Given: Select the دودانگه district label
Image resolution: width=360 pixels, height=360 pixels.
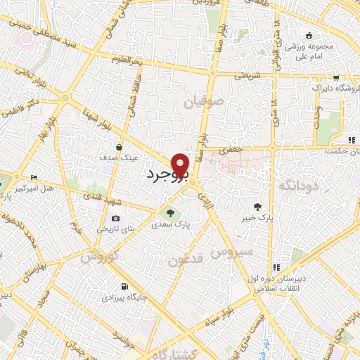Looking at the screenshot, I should (299, 186).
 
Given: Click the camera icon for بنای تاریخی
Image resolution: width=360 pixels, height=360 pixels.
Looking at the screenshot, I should (115, 219).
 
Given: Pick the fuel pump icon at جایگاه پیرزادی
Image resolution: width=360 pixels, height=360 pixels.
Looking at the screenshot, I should (124, 286).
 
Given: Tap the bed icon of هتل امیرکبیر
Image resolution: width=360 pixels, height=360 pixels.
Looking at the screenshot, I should (34, 178).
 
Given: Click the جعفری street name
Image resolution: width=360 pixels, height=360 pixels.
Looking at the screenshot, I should (231, 150).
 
